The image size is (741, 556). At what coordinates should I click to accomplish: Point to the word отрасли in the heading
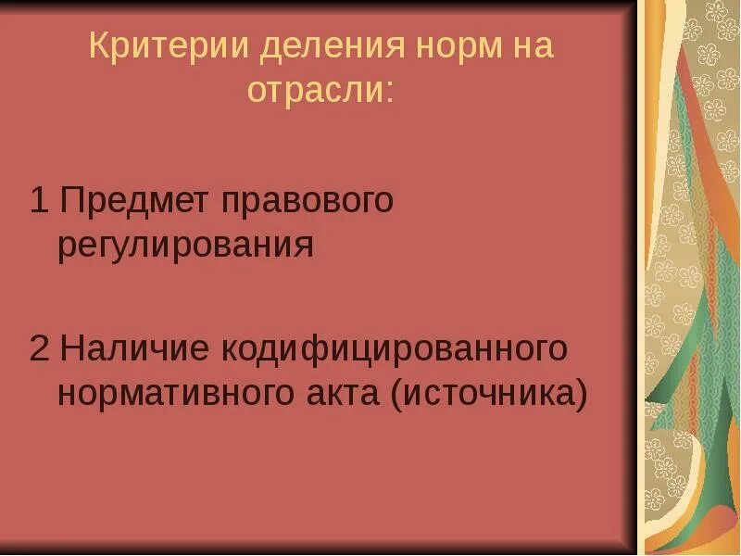pos(314,91)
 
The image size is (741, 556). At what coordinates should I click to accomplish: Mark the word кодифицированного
pos(393,350)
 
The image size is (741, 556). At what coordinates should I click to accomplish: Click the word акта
pos(339,394)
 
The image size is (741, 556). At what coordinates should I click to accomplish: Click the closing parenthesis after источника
pos(582,396)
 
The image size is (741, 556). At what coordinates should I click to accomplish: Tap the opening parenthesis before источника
pos(396,396)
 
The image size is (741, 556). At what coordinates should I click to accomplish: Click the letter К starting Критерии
pos(98,46)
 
